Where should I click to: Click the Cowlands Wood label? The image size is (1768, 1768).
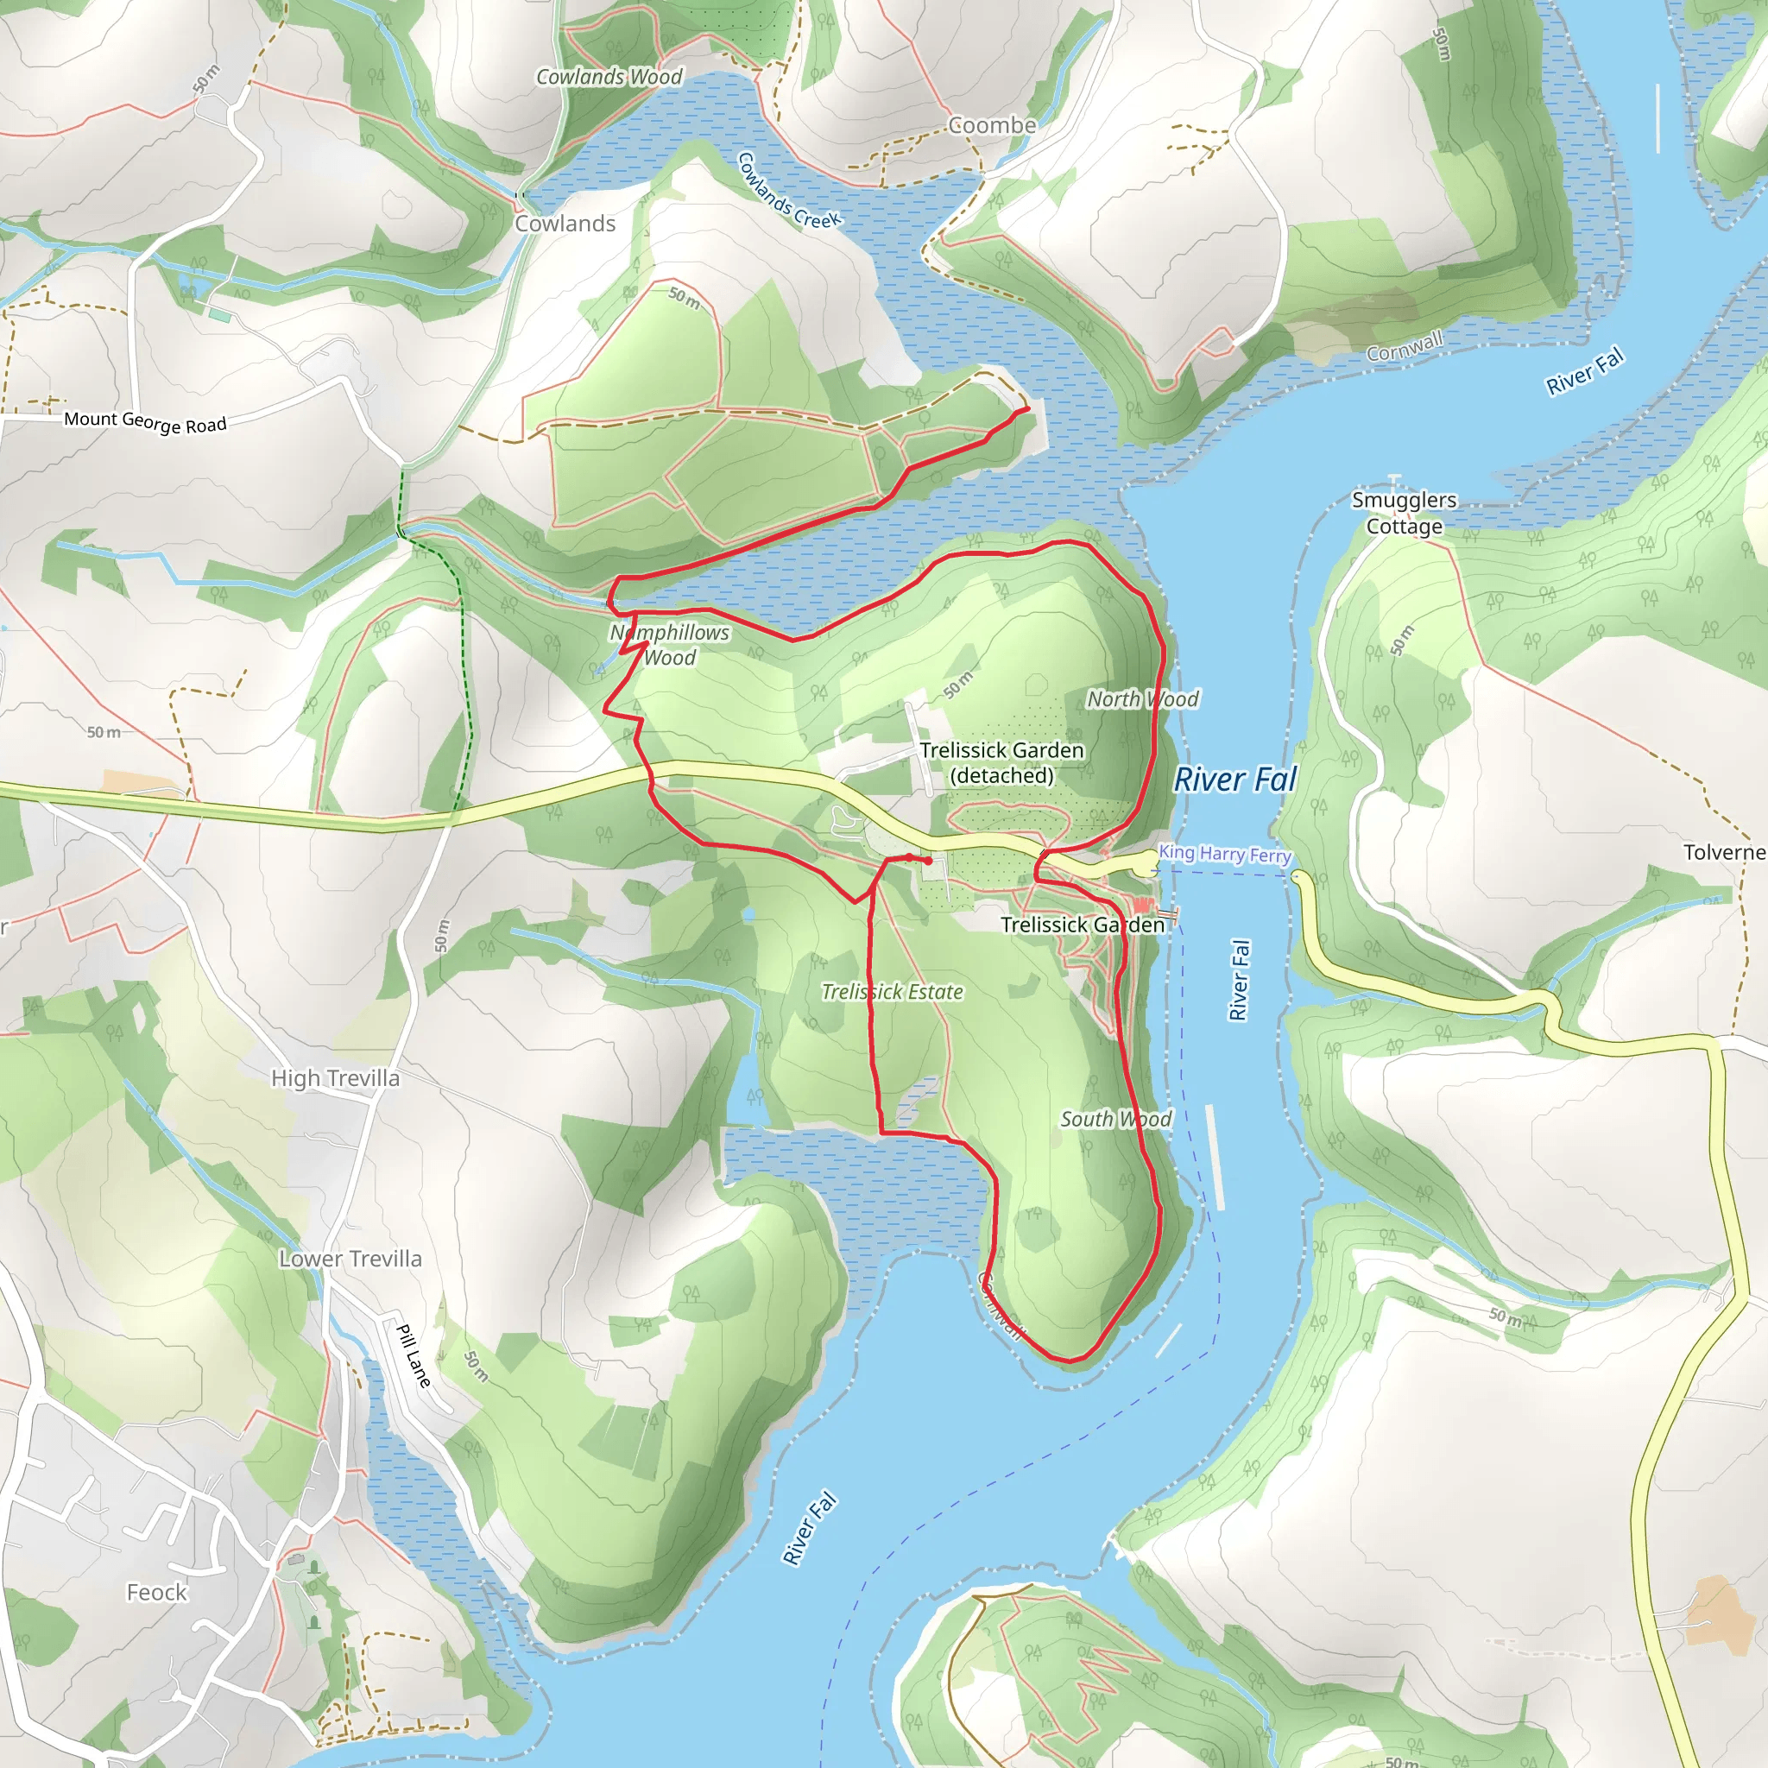click(x=609, y=77)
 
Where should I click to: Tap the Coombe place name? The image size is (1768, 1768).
click(x=992, y=125)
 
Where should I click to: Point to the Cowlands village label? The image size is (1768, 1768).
click(x=565, y=224)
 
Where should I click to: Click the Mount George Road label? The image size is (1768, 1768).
click(x=144, y=422)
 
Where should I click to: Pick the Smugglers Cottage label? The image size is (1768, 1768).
click(x=1404, y=514)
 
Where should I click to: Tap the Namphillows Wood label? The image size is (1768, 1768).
click(x=670, y=645)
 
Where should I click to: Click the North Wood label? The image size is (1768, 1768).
click(x=1142, y=699)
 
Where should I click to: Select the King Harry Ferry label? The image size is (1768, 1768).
click(x=1224, y=853)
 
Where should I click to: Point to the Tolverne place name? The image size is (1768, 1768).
click(x=1724, y=853)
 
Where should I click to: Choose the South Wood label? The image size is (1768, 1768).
click(x=1115, y=1119)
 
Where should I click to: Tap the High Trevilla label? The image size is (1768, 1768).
click(x=335, y=1079)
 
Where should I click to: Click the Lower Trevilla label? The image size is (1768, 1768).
click(x=350, y=1260)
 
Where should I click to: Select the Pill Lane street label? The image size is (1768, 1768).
click(x=414, y=1355)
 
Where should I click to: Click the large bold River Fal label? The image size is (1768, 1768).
click(x=1235, y=780)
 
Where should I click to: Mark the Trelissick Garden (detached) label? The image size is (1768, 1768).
click(x=1001, y=763)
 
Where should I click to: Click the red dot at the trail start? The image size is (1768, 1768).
click(x=928, y=861)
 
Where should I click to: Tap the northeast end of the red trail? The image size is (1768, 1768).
click(x=1026, y=409)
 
